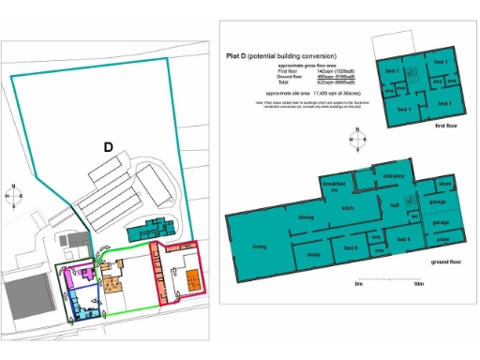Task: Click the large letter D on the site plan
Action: (x=108, y=147)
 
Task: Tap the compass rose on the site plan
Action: (x=15, y=195)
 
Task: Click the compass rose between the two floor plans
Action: (x=353, y=143)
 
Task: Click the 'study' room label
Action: (x=313, y=254)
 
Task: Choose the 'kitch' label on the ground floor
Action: (x=347, y=208)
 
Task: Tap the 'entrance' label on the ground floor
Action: (x=391, y=174)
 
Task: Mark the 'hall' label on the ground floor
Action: (x=397, y=203)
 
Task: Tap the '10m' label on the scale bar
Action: (x=418, y=283)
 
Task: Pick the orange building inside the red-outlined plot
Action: (x=192, y=279)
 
